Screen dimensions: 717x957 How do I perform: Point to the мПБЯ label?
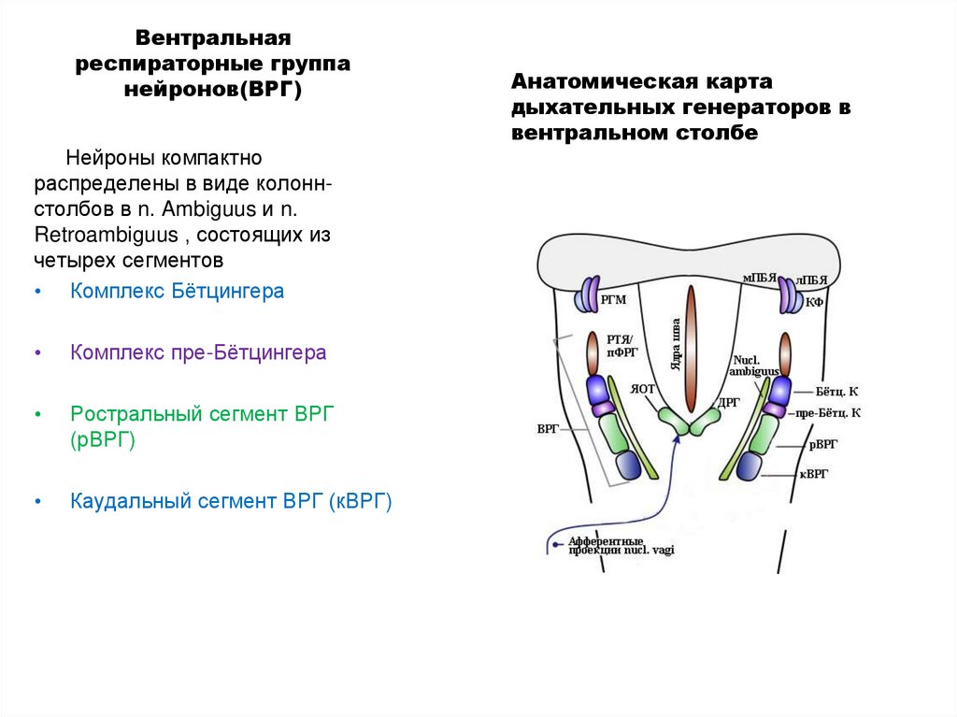click(x=760, y=278)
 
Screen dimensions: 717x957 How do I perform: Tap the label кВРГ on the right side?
click(x=814, y=474)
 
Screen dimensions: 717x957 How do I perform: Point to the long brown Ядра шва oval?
click(x=690, y=349)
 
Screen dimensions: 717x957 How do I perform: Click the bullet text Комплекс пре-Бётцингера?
click(x=198, y=353)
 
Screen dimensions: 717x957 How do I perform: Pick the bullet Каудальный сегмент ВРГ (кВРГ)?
click(x=231, y=501)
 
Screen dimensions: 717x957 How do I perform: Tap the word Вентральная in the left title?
click(x=215, y=39)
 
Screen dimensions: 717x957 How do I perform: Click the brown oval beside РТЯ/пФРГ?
click(x=592, y=353)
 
